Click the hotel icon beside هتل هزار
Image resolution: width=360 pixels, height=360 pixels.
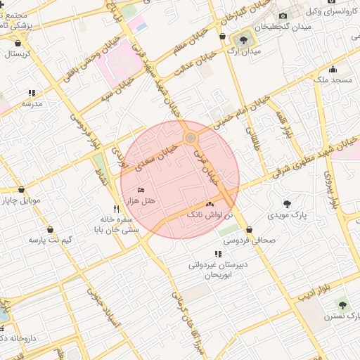coord(141,191)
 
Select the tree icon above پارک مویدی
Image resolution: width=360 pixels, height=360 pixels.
coord(287,203)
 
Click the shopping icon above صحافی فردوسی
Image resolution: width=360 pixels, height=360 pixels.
coord(250,229)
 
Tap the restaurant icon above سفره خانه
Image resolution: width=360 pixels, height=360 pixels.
coord(116,209)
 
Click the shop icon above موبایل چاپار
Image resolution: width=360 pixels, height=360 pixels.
coord(22,190)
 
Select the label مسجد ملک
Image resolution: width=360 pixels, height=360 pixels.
coord(332,81)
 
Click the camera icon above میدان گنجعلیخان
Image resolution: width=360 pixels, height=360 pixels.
coord(282,15)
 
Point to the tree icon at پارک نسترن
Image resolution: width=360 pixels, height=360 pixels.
coord(342,305)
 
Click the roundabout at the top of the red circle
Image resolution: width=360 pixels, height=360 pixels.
coord(190,138)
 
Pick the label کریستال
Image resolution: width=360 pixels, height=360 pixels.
coord(19,55)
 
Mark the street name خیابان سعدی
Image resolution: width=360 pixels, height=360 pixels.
coord(156,150)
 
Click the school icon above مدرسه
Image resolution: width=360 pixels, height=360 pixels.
coord(32,93)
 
